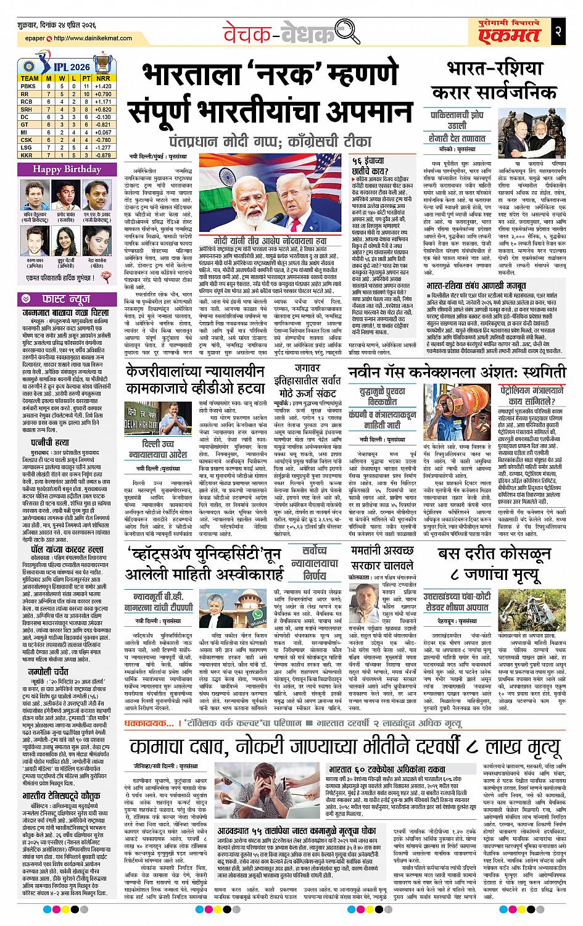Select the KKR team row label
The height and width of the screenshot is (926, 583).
tap(26, 155)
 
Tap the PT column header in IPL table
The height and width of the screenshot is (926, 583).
tap(86, 78)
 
